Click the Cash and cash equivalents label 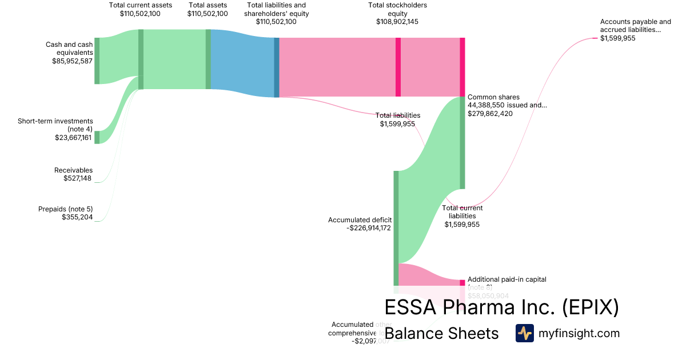(69, 48)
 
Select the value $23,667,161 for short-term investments (73, 138)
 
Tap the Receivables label (73, 170)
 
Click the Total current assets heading (140, 5)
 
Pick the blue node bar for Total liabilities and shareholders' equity (277, 67)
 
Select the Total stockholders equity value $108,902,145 (398, 22)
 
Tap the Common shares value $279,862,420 (490, 114)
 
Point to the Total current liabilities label (462, 212)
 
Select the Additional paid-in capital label (506, 279)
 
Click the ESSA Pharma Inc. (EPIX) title (501, 307)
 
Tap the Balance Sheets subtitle (441, 333)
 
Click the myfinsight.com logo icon (524, 333)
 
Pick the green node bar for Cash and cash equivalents (97, 61)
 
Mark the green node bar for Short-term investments (97, 137)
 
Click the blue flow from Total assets (242, 63)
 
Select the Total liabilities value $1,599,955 (397, 123)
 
